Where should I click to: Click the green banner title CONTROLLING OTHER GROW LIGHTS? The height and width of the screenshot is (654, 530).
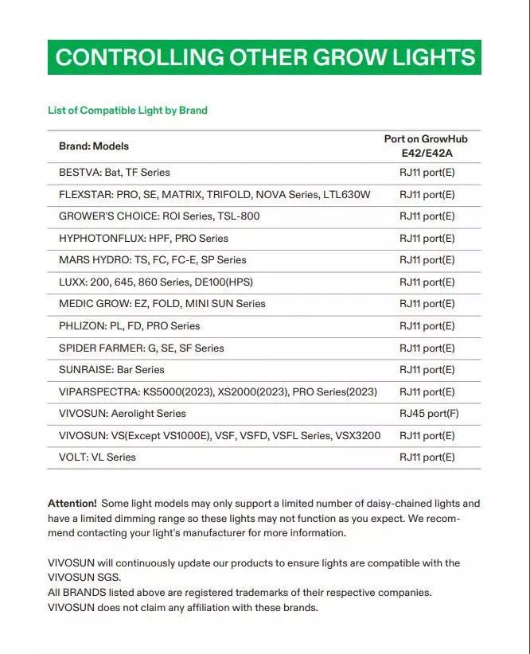[x=265, y=57]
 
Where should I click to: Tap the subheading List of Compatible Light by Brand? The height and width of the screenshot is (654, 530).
[x=127, y=111]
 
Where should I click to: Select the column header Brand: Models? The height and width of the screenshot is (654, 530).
[x=94, y=146]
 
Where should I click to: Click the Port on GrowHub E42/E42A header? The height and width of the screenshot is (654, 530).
[x=426, y=146]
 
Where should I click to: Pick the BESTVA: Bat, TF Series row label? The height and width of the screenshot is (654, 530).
[x=115, y=173]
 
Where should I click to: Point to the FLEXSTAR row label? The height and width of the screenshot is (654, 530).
[x=215, y=194]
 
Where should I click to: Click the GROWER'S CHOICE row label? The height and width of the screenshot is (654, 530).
[x=159, y=216]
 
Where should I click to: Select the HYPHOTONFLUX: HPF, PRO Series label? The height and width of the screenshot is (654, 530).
[x=143, y=238]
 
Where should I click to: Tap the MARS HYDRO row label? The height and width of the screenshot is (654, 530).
[x=153, y=260]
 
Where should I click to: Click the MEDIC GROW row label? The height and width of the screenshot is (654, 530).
[x=162, y=304]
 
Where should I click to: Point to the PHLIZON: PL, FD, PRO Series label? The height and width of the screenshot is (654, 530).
[x=130, y=326]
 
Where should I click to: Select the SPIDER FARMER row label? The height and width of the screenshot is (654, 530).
[x=142, y=348]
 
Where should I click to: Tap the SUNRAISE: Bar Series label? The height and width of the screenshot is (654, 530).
[x=111, y=370]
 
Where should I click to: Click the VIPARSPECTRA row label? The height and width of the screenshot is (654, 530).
[x=218, y=391]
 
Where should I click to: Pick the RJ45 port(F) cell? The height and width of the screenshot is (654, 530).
[x=428, y=414]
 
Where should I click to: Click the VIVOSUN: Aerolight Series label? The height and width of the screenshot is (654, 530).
[x=123, y=414]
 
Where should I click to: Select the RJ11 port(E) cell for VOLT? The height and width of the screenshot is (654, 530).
[x=427, y=457]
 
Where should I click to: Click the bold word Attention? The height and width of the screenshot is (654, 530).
[x=72, y=504]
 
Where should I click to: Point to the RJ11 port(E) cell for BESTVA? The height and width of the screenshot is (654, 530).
[x=427, y=173]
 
